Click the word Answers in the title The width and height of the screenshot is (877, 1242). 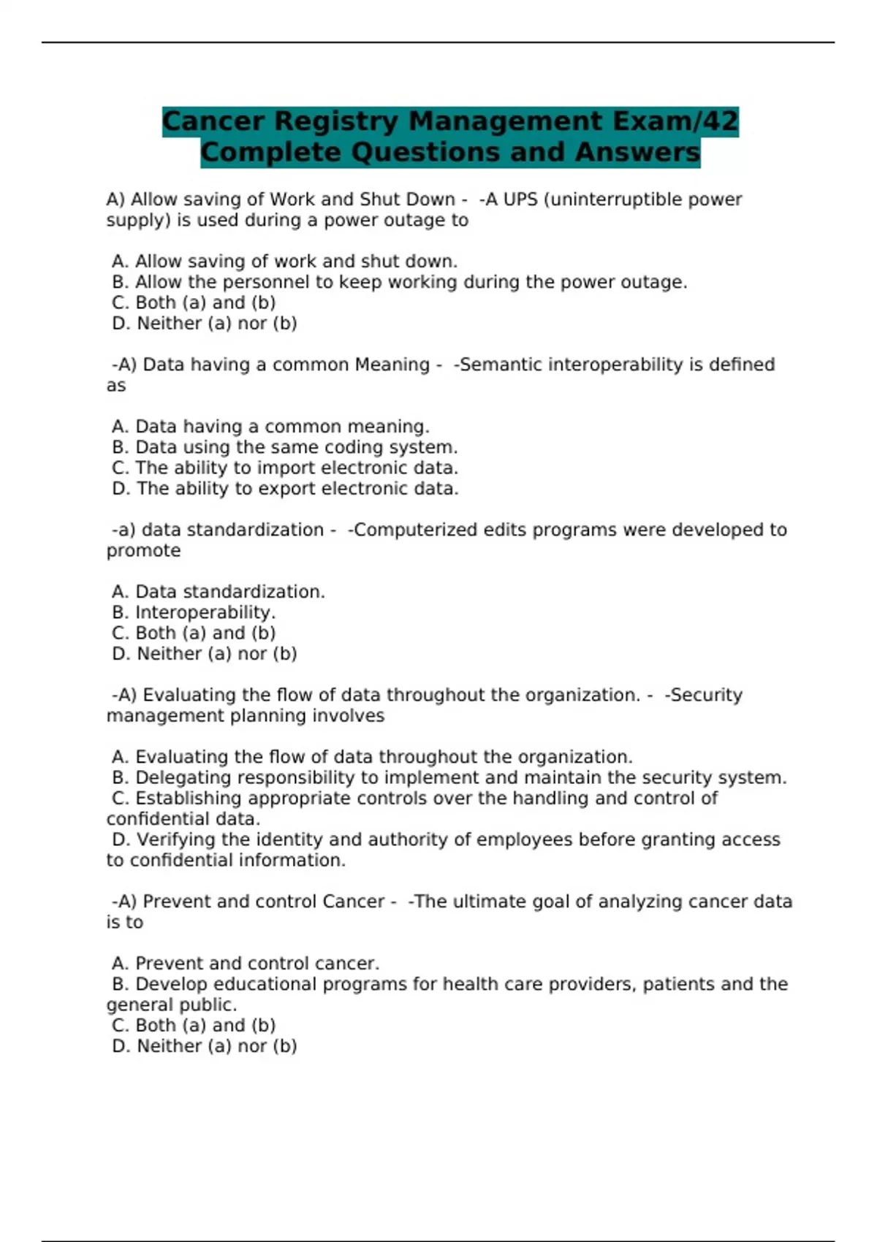click(x=637, y=153)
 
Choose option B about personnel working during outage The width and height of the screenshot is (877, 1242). click(x=400, y=282)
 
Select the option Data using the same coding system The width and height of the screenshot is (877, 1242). click(x=285, y=447)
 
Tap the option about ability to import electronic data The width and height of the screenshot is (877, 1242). click(x=285, y=468)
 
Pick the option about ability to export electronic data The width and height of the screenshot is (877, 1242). click(x=285, y=488)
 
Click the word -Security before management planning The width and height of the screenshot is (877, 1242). click(x=703, y=695)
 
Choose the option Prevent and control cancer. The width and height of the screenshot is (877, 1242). click(x=246, y=964)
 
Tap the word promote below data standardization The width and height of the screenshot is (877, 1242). click(x=143, y=550)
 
